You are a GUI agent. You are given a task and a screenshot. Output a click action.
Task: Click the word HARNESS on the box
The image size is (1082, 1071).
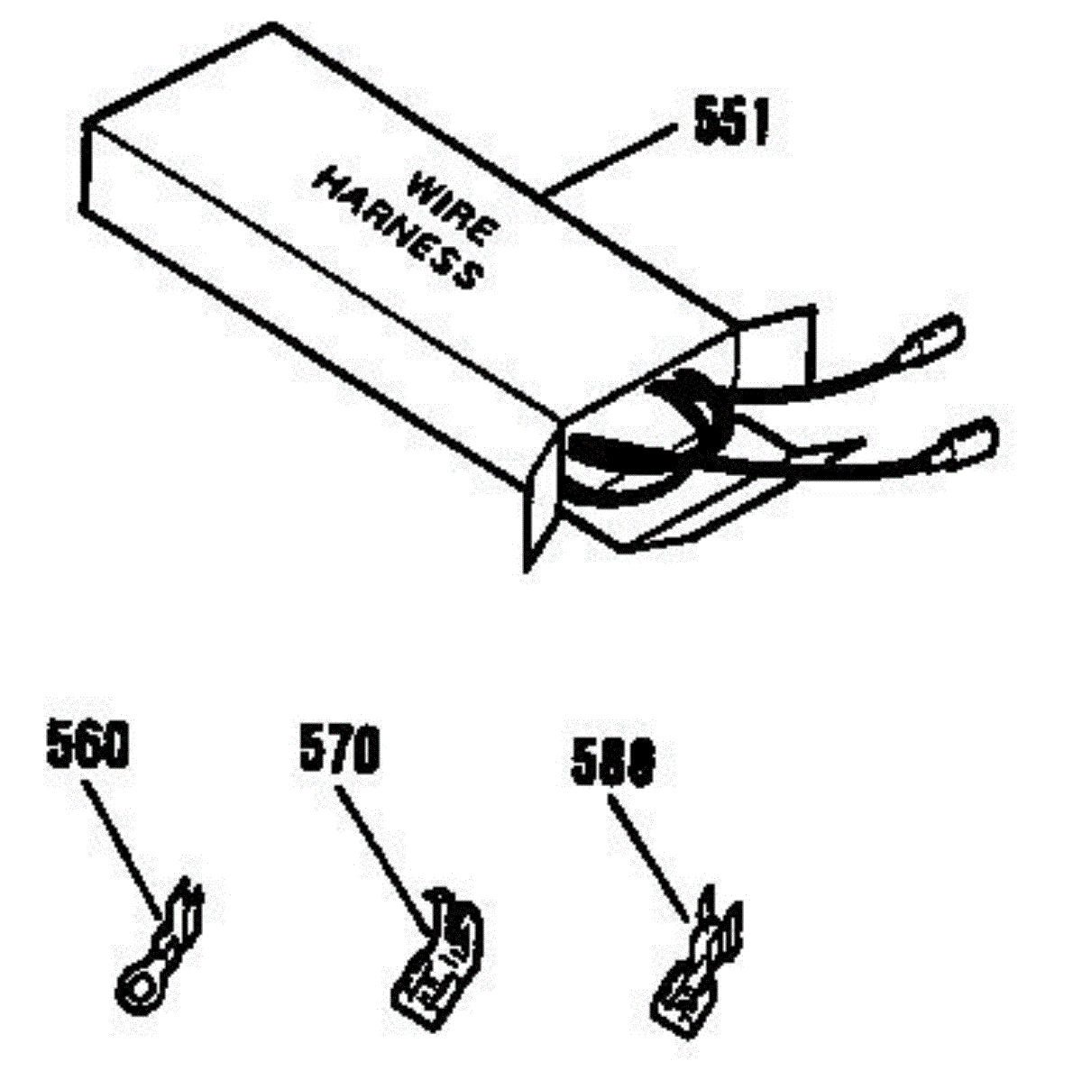click(x=396, y=230)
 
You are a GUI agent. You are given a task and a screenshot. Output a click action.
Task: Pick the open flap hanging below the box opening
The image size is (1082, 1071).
click(x=541, y=514)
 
